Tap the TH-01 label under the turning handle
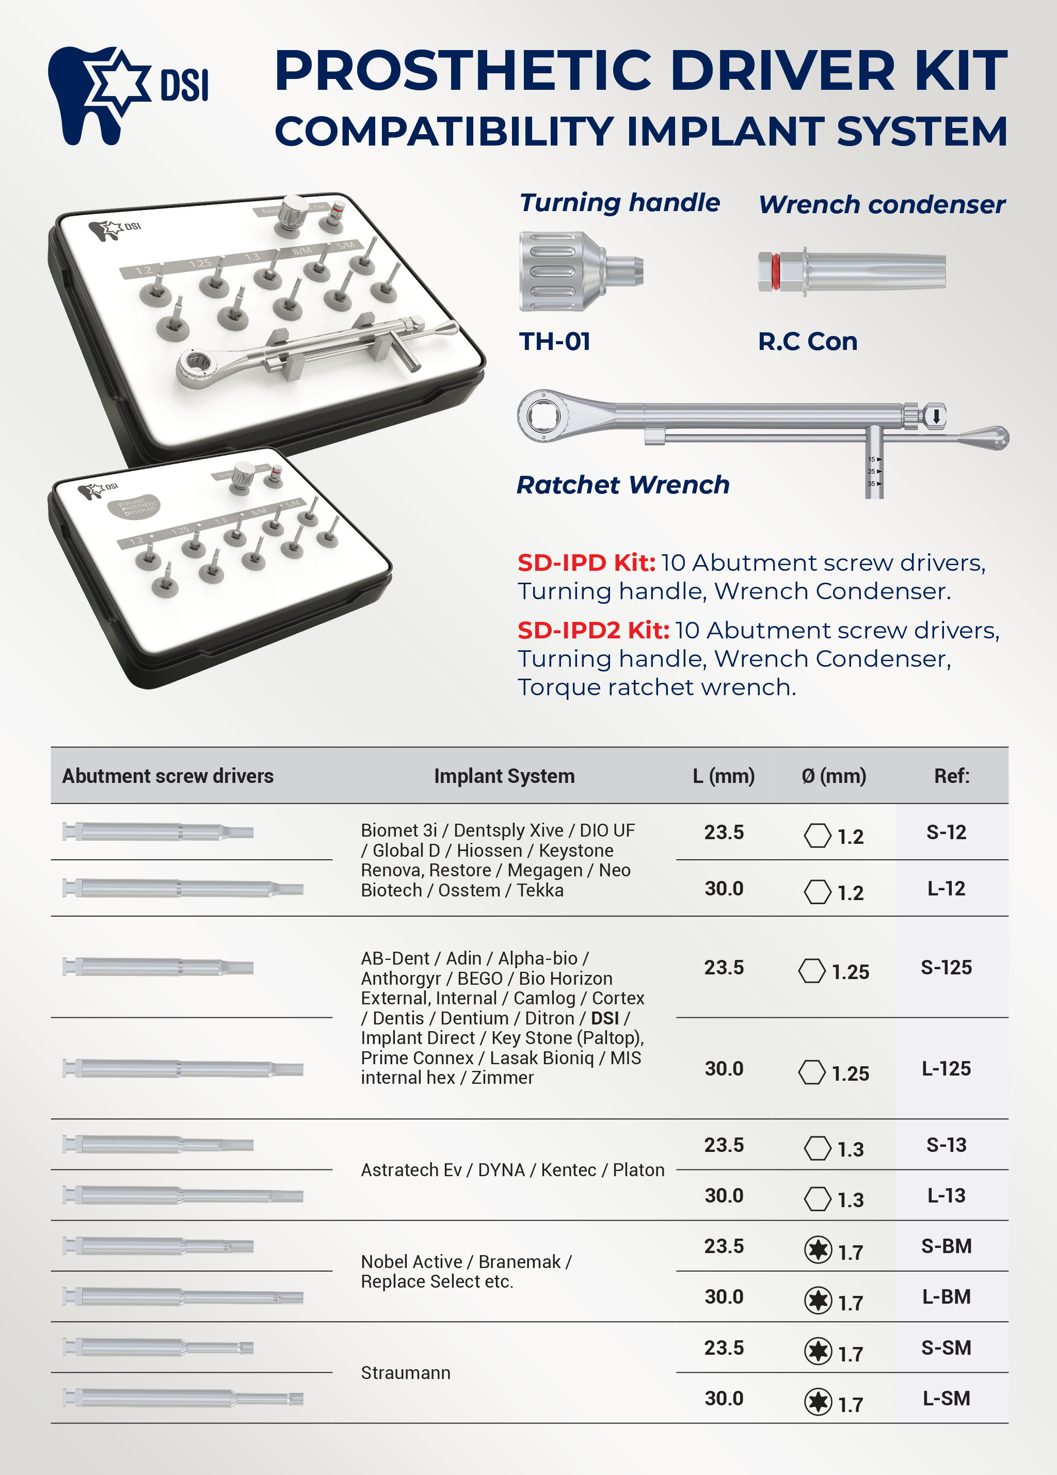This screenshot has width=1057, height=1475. tap(555, 342)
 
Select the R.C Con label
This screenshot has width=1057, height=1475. tap(807, 342)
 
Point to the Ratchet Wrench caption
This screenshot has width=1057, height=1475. tap(622, 485)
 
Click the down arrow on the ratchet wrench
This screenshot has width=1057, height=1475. tap(935, 415)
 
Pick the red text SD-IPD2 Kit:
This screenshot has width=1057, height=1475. tap(592, 630)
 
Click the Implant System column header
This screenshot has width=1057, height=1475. tap(504, 776)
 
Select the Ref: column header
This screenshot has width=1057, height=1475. tap(951, 776)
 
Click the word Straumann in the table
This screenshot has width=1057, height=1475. tap(405, 1373)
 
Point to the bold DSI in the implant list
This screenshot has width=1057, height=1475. tap(604, 1018)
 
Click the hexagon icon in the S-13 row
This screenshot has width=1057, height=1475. tap(817, 1148)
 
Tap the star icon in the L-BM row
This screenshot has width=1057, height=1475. tap(818, 1301)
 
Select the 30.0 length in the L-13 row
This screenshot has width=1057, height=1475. tap(723, 1195)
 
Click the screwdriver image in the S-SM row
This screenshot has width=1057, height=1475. tap(158, 1348)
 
